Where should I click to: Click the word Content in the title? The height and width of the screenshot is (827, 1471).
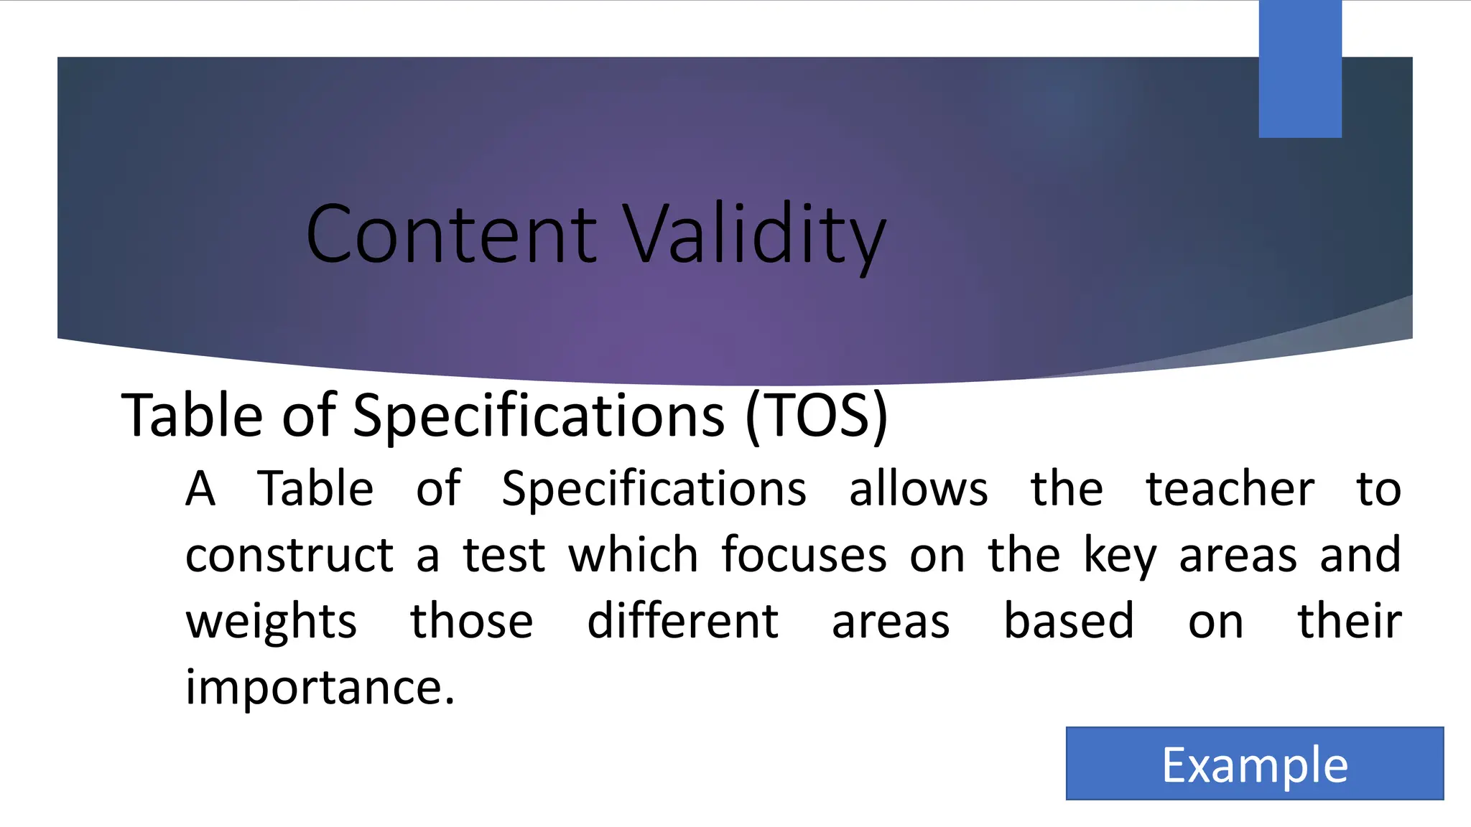pos(450,234)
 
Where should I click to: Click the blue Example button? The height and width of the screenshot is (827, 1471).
pos(1254,764)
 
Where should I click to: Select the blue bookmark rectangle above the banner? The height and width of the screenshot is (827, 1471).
pos(1300,69)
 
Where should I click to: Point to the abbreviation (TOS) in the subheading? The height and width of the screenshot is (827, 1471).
pos(817,416)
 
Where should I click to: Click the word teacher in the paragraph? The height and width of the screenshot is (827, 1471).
pos(1230,490)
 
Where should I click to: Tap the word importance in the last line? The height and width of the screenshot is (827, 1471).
pos(320,688)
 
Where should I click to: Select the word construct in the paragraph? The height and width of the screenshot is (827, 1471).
pos(289,556)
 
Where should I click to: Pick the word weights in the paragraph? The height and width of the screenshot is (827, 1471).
pos(271,622)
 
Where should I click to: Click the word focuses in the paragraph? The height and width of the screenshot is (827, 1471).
pos(804,555)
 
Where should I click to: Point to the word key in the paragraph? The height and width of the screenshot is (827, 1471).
pos(1120,556)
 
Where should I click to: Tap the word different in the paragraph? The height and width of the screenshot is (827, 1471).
pos(682,621)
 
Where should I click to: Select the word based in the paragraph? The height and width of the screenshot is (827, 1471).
pos(1068,621)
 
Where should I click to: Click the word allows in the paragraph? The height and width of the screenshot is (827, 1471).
pos(918,490)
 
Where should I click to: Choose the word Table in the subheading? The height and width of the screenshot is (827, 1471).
pos(192,416)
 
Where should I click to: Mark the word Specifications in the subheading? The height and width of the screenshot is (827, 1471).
pos(539,417)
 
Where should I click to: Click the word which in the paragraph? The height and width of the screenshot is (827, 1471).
pos(633,555)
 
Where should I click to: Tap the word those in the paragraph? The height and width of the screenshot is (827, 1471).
pos(471,621)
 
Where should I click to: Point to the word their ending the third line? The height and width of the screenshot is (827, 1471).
pos(1349,621)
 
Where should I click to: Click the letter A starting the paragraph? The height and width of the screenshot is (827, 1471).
pos(200,490)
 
